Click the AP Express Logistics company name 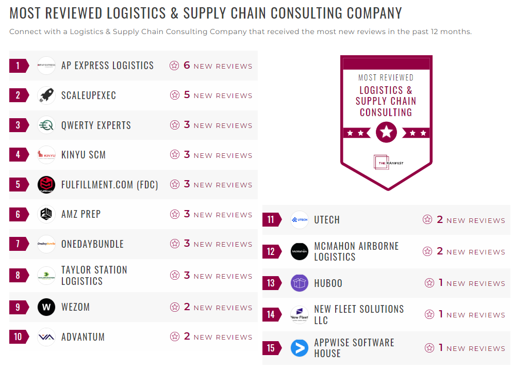[x=107, y=66]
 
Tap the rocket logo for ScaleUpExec [x=46, y=95]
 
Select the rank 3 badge [x=19, y=125]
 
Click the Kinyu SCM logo [x=46, y=155]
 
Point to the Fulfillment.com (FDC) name [x=109, y=184]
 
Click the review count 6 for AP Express [x=187, y=66]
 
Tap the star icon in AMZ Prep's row [x=175, y=214]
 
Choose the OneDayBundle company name [x=92, y=244]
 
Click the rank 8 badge [x=19, y=276]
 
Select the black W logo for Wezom [x=46, y=308]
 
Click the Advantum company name [x=83, y=337]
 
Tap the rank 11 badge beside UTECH [x=271, y=220]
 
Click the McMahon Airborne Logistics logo [x=300, y=251]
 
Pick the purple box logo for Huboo [x=300, y=283]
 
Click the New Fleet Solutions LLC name [x=359, y=314]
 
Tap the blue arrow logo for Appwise [x=300, y=348]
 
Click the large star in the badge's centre [x=386, y=132]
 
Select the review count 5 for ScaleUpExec [x=187, y=95]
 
